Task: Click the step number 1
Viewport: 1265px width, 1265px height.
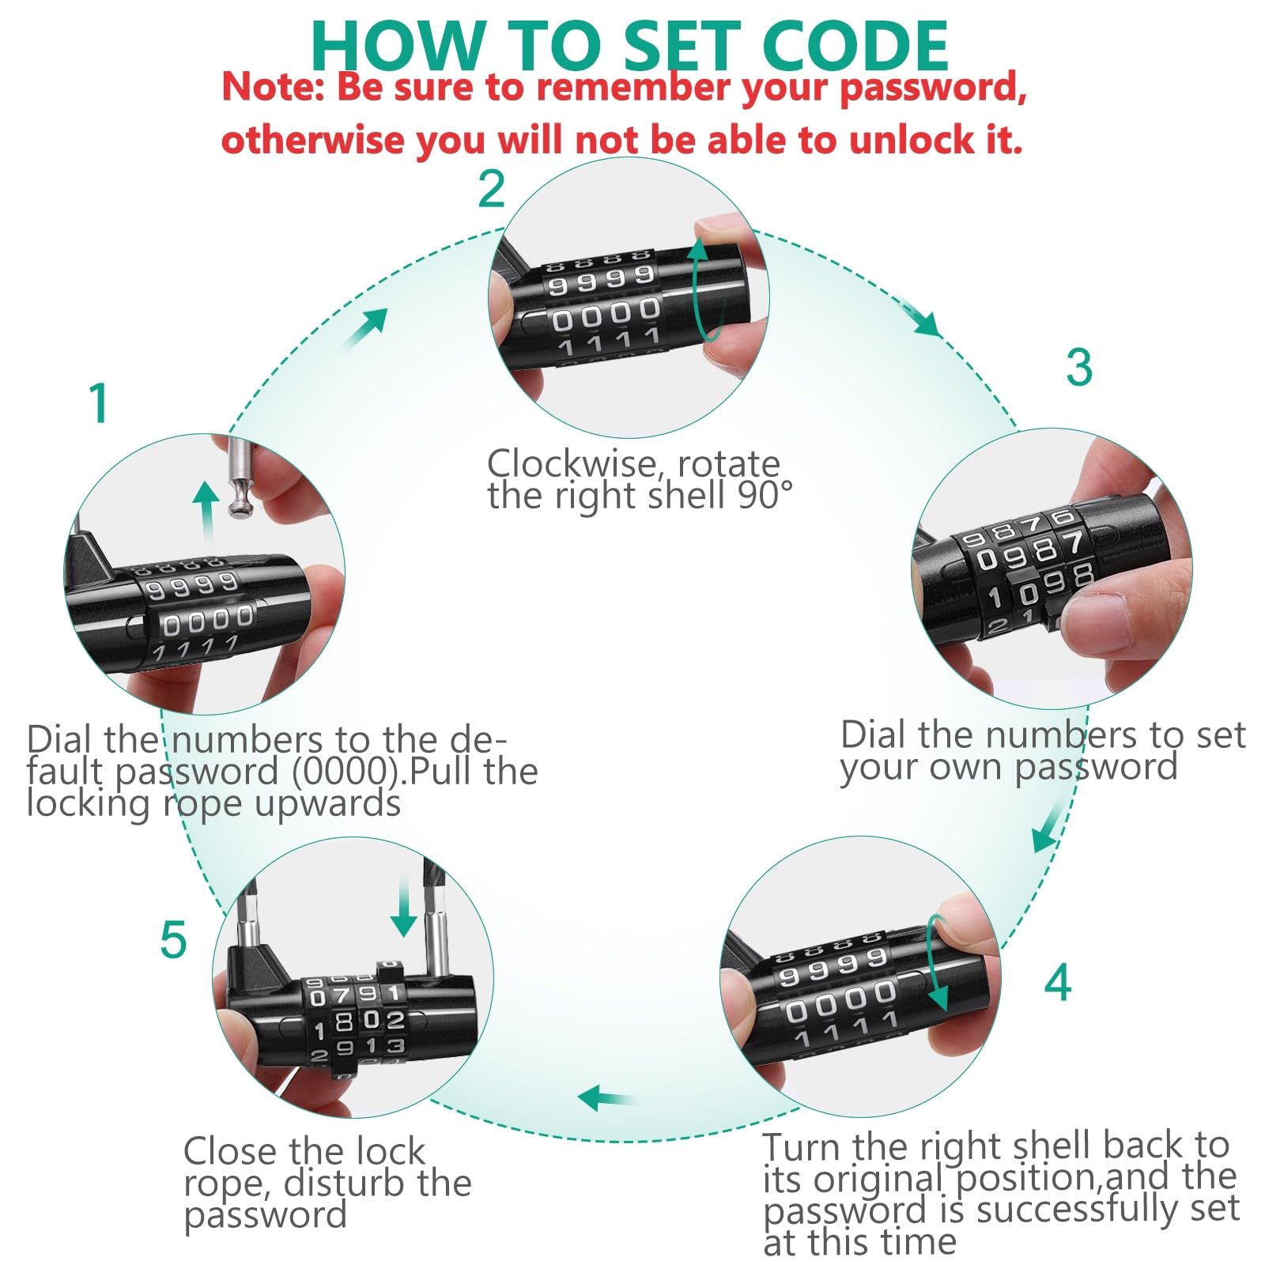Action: [98, 403]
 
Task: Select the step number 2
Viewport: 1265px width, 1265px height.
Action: [491, 189]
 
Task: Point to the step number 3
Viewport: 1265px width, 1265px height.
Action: [1079, 367]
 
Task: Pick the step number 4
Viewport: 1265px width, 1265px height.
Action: [1058, 983]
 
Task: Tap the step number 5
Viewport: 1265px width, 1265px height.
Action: [173, 940]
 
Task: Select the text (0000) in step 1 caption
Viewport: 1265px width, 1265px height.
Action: [344, 771]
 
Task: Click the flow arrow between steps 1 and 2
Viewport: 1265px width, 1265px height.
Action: [365, 328]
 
